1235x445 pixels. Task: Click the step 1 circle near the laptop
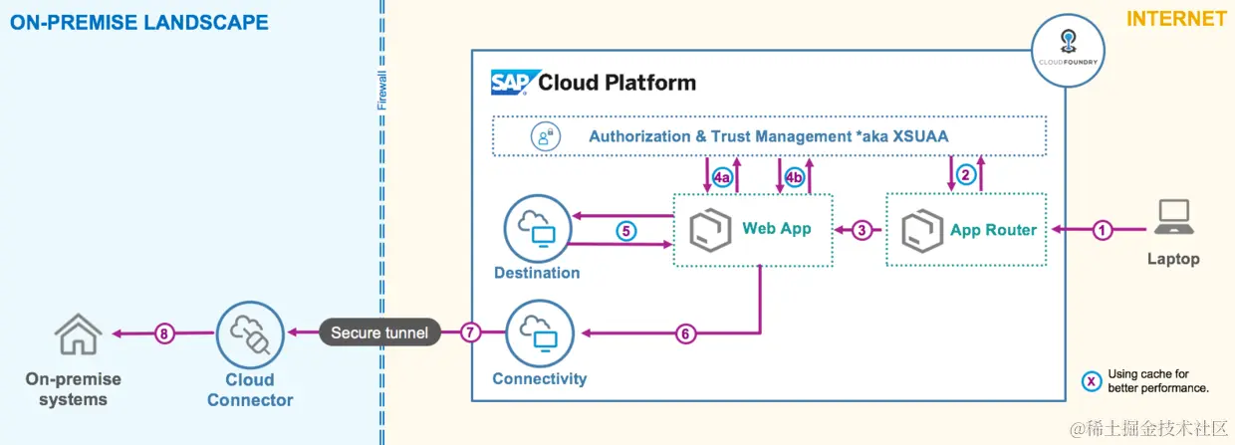click(x=1102, y=230)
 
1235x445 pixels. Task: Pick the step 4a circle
click(x=723, y=178)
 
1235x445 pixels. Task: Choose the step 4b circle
click(x=794, y=178)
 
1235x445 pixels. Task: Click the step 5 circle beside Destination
click(x=625, y=231)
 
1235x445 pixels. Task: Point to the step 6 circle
click(x=684, y=334)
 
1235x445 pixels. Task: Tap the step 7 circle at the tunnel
click(x=472, y=333)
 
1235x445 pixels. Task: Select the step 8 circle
click(x=163, y=334)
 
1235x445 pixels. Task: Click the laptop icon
click(x=1173, y=218)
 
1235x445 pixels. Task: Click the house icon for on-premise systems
click(x=78, y=334)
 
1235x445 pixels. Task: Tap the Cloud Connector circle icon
click(x=249, y=334)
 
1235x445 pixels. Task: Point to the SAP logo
click(x=514, y=82)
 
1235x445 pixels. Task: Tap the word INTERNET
click(x=1176, y=19)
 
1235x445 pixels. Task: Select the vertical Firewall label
click(x=381, y=91)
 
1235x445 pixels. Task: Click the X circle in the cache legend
click(x=1093, y=380)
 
